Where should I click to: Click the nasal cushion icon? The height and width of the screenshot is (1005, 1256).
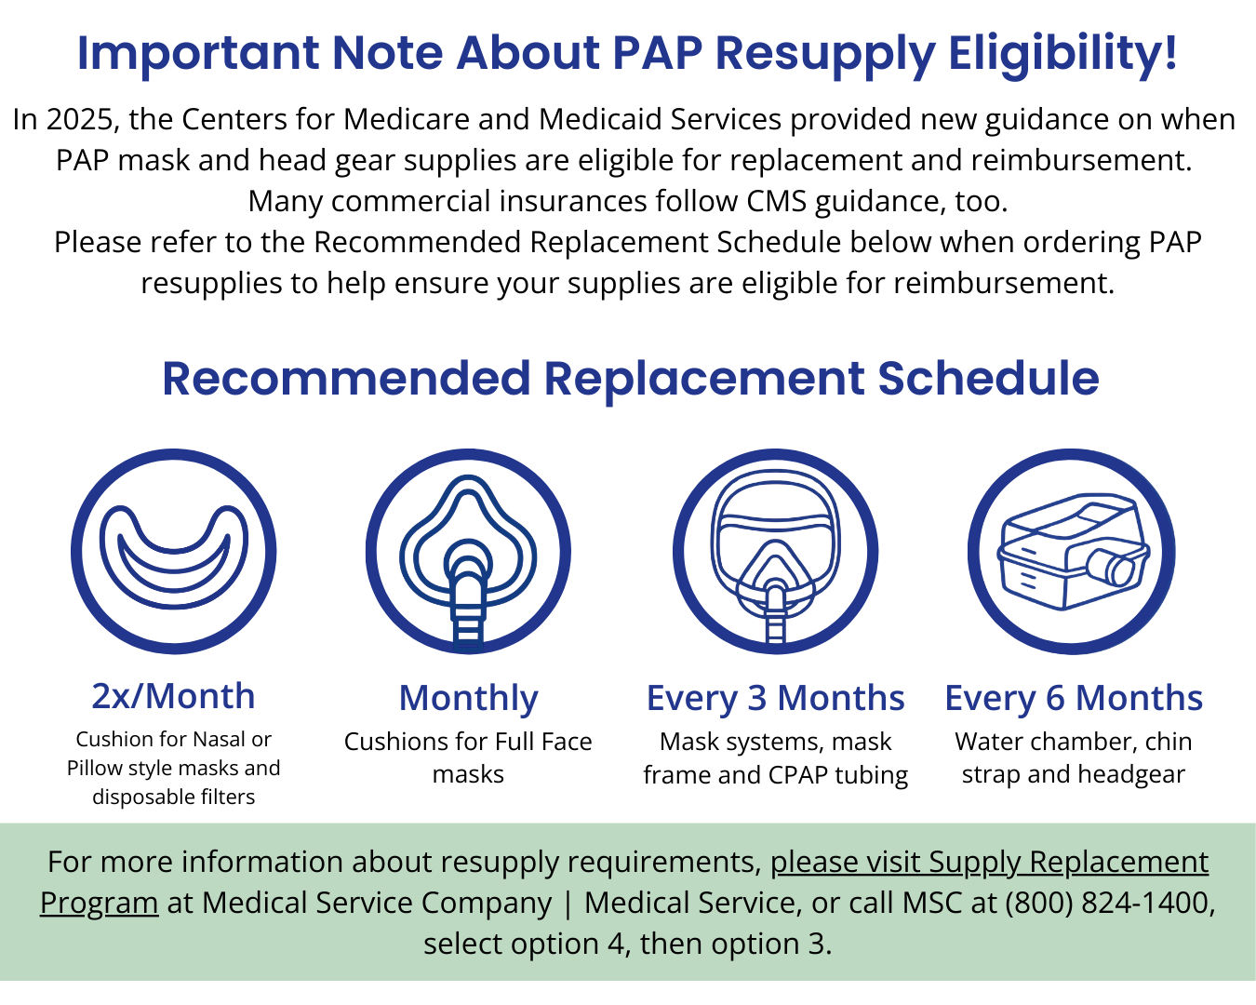tap(174, 552)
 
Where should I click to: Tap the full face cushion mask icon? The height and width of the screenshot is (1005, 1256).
tap(468, 552)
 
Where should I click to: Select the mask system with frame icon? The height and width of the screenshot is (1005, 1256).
tap(775, 552)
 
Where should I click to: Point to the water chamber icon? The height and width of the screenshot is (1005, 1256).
tap(1072, 552)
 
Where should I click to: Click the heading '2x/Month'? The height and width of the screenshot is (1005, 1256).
tap(173, 696)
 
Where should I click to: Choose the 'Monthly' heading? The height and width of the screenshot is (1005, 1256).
tap(468, 698)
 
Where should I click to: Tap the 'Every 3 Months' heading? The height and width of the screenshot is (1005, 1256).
tap(775, 698)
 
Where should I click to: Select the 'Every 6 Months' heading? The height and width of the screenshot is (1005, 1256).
tap(1074, 698)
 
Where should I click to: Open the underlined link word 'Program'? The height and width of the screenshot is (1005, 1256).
tap(99, 903)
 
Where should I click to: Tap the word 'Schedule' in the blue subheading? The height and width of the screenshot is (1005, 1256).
tap(988, 379)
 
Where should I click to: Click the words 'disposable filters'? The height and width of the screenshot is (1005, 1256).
tap(174, 797)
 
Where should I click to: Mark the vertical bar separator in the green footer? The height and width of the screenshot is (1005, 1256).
tap(568, 903)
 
